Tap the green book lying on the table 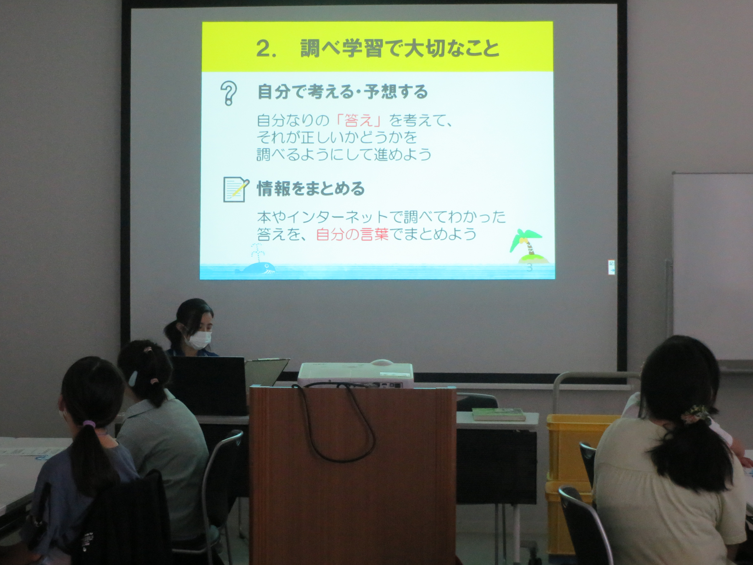pos(498,414)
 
